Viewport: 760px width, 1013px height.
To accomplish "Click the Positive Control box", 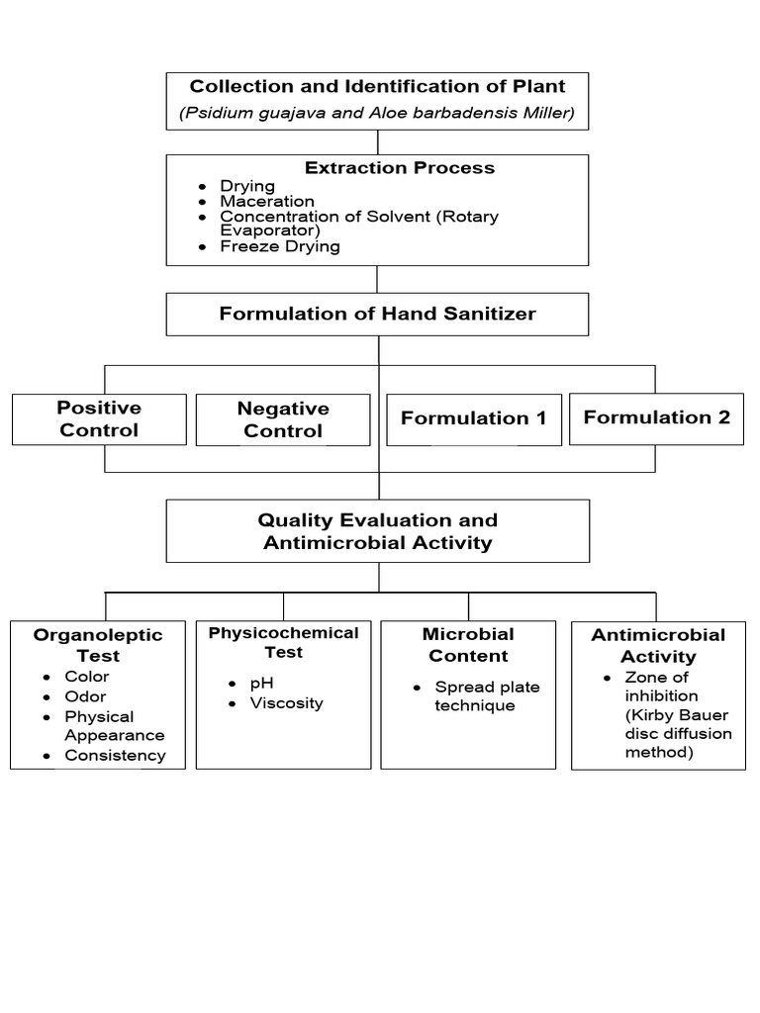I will coord(99,418).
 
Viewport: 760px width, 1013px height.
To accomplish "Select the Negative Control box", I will coord(283,419).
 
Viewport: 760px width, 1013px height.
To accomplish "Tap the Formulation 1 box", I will coord(473,418).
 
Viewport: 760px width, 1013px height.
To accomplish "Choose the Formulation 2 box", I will coord(657,417).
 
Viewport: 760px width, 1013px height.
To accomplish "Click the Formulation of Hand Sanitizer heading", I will coord(377,314).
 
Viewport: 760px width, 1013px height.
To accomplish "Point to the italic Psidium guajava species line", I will coord(377,113).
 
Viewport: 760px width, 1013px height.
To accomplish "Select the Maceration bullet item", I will coord(266,201).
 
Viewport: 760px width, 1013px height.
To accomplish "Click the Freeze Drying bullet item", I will coord(279,246).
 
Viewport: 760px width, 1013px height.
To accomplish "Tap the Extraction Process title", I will coord(399,168).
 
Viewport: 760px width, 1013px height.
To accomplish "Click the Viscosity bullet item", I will coord(286,703).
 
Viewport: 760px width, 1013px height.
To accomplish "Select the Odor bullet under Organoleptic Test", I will coord(85,696).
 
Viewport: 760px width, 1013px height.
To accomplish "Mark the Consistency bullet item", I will coord(115,756).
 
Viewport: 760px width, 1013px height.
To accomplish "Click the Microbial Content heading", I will coord(468,644).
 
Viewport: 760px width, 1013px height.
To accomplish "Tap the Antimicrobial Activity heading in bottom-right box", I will coord(658,645).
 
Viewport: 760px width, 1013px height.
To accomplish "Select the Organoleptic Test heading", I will coord(97,645).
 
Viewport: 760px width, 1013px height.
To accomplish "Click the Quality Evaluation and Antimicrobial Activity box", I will coord(377,531).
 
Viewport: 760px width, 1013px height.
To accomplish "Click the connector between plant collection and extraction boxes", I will coord(378,141).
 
